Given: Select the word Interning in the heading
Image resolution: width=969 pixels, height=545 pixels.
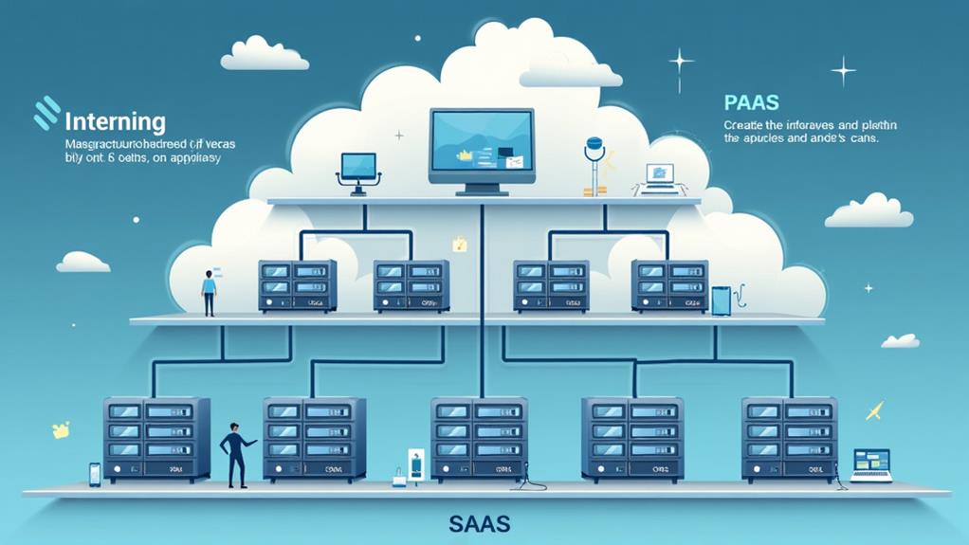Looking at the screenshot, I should (x=115, y=122).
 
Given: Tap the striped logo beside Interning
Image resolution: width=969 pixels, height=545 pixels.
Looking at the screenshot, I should (x=46, y=113).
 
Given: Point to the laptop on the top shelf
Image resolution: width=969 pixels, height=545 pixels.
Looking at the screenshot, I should (x=660, y=176).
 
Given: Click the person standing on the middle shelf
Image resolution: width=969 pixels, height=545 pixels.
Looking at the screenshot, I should (x=209, y=293).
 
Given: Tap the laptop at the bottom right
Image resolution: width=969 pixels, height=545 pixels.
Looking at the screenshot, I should (x=870, y=465).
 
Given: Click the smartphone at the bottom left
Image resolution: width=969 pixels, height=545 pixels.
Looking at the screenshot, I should (x=95, y=474).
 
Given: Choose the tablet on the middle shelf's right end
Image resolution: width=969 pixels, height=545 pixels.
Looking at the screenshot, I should (x=721, y=300).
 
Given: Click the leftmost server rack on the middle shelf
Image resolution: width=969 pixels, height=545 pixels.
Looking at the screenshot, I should (x=297, y=286).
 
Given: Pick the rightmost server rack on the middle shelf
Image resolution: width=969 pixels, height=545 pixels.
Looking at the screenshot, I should (x=669, y=286).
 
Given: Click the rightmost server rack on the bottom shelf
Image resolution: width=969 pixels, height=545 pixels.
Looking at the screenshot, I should (x=790, y=439).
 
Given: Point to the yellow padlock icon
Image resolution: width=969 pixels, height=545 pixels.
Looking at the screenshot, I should (x=460, y=244).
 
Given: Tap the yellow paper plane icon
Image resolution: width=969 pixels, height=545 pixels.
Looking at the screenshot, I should (x=874, y=411).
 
